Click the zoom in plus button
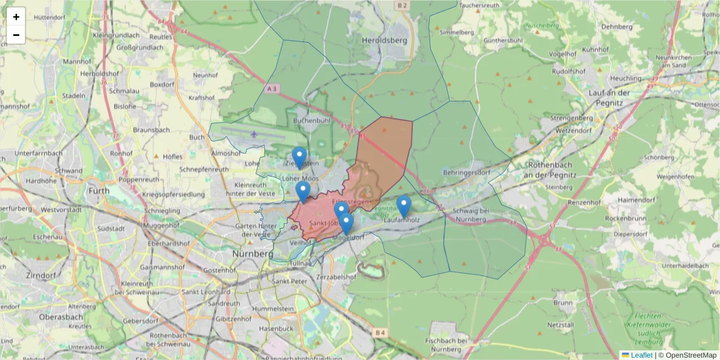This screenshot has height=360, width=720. [16, 17]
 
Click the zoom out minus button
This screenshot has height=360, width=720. [16, 35]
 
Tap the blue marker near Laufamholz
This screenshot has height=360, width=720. [404, 206]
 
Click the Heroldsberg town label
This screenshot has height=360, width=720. [385, 40]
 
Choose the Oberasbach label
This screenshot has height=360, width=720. [60, 316]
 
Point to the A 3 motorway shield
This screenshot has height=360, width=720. [272, 89]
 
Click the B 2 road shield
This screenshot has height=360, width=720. [401, 5]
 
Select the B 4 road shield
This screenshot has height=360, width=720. [379, 332]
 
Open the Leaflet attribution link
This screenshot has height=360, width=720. [641, 355]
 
